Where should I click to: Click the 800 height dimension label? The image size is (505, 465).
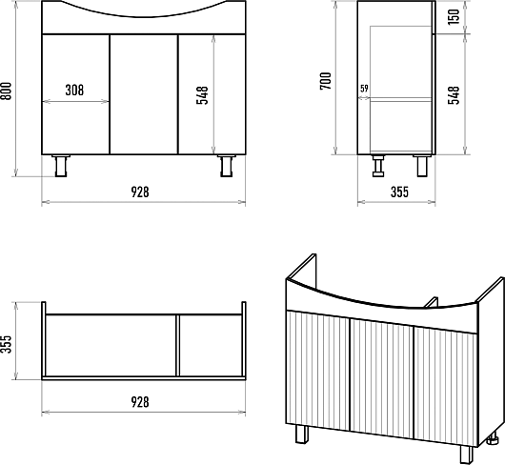7,91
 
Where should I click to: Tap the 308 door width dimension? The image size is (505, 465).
74,91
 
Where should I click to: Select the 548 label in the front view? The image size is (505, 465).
202,95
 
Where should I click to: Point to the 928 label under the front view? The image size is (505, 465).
140,192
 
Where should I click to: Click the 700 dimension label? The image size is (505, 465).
326,81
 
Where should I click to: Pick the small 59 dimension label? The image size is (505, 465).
364,89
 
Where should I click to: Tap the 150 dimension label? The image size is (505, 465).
454,17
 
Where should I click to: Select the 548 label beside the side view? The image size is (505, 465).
454,95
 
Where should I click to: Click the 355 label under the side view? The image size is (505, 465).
399,192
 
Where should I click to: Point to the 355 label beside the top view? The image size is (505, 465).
7,344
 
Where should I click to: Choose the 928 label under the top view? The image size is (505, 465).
140,402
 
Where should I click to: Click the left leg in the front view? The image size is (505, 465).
61,166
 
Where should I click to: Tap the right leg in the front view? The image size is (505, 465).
227,166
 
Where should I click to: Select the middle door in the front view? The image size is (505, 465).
144,94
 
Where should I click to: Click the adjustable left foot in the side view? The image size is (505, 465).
378,166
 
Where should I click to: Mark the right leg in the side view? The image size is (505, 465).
422,166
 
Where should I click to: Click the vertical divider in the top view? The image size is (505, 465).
177,345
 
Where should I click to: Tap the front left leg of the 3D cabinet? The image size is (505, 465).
302,434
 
